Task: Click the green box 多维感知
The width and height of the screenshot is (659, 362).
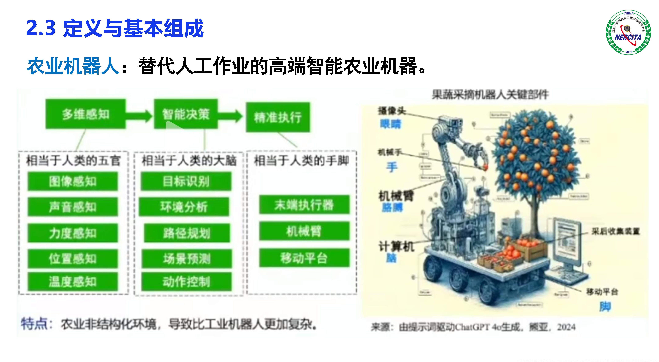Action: click(85, 114)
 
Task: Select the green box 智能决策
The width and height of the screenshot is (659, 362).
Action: click(186, 114)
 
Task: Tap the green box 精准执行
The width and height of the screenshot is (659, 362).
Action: click(278, 117)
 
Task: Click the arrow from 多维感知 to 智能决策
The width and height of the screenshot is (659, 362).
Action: click(139, 116)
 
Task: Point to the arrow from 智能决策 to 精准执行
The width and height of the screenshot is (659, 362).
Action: click(230, 116)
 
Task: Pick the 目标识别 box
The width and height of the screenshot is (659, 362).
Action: click(186, 181)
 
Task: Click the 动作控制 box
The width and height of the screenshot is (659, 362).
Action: click(186, 281)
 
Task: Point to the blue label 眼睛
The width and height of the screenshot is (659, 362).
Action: click(391, 124)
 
